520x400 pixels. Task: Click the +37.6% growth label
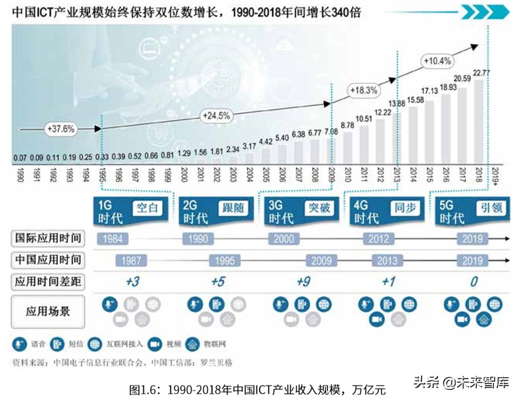(x=60, y=128)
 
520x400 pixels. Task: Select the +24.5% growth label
(x=216, y=116)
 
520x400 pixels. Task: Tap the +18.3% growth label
(x=364, y=90)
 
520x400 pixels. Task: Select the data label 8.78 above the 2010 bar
(x=347, y=125)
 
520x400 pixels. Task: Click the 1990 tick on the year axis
(x=21, y=175)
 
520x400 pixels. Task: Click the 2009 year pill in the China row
(x=322, y=260)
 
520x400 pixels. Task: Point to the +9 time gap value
(x=303, y=281)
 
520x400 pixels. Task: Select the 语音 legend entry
(x=29, y=344)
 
